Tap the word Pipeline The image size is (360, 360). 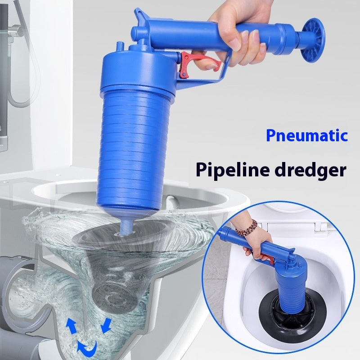(230, 170)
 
